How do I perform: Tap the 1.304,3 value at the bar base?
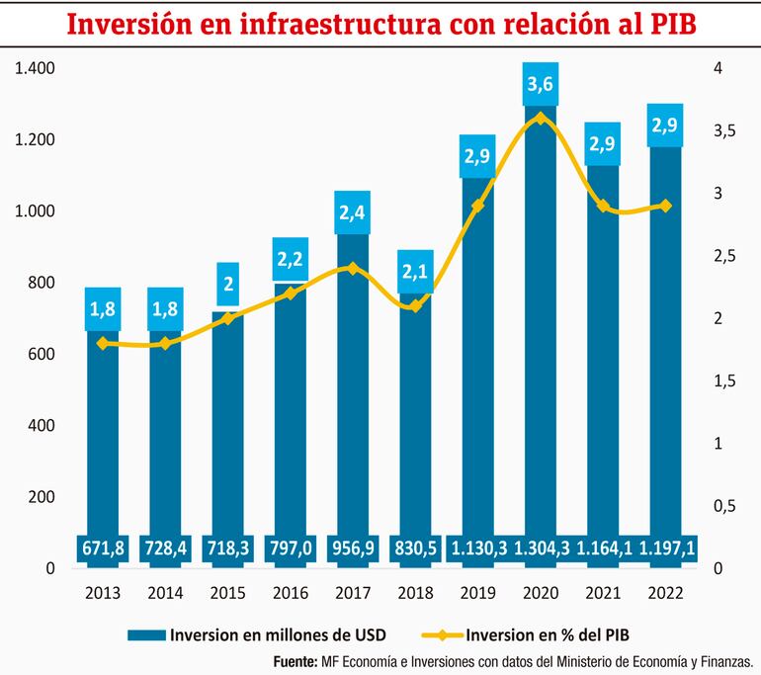(540, 547)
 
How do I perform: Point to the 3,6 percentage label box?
(540, 86)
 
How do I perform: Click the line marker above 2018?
(415, 305)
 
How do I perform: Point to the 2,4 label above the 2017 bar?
(353, 212)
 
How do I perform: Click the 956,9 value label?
(353, 547)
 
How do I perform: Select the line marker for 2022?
(665, 206)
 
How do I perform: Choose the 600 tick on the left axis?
(41, 354)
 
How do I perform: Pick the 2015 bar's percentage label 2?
(228, 285)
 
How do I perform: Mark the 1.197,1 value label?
(665, 547)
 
